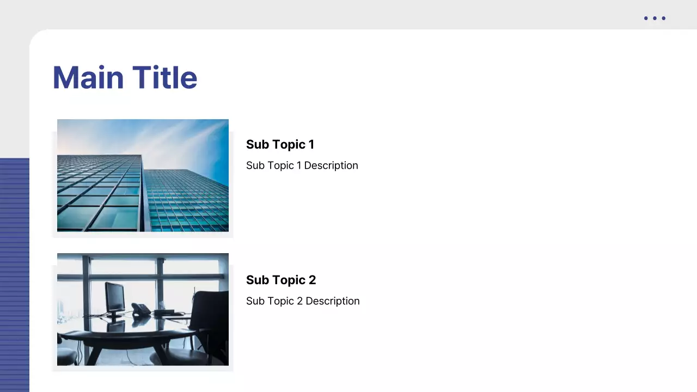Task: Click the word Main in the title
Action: coord(88,77)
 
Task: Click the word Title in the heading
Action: coord(164,77)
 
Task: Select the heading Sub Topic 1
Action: coord(280,144)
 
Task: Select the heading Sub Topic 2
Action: coord(280,280)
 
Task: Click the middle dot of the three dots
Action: coord(655,19)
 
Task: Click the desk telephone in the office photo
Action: coord(140,310)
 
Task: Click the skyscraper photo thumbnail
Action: coord(143,175)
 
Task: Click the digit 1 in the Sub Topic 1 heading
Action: coord(311,144)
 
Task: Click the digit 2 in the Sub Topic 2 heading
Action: coord(312,280)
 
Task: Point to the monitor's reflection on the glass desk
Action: coord(115,326)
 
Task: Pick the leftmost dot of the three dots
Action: coord(646,19)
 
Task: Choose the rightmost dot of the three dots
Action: coord(663,19)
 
